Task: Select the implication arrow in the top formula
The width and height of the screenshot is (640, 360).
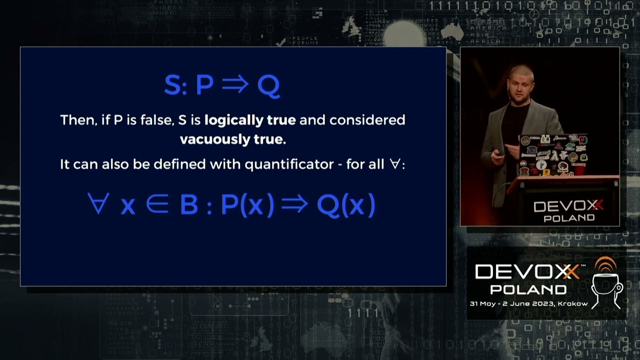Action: [235, 84]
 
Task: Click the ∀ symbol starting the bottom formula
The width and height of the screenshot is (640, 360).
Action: [98, 205]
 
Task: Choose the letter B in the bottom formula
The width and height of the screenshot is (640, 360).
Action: [188, 205]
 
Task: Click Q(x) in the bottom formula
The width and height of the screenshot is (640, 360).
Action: [345, 205]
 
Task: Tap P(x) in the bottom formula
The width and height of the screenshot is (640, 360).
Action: [247, 205]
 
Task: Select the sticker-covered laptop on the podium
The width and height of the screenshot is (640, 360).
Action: [552, 155]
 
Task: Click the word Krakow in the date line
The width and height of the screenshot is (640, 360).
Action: [573, 303]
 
